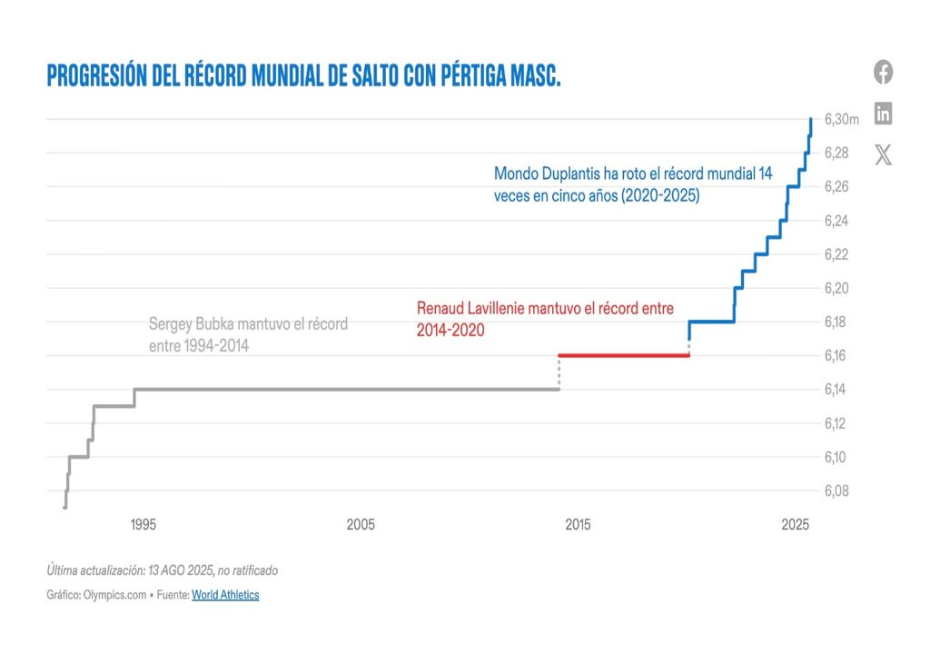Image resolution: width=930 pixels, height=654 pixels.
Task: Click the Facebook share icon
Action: click(883, 72)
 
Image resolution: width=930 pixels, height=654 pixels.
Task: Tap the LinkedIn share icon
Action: click(883, 114)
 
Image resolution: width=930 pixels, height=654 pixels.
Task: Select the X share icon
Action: click(883, 154)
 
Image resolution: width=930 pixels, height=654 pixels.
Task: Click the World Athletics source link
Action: click(225, 595)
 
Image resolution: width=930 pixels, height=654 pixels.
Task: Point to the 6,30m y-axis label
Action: click(842, 119)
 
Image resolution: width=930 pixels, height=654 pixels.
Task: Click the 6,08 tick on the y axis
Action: click(836, 491)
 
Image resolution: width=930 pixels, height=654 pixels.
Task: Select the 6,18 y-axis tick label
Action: click(836, 322)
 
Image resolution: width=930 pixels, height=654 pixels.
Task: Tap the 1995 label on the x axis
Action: click(143, 525)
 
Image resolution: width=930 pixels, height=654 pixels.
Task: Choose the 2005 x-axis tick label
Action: click(361, 525)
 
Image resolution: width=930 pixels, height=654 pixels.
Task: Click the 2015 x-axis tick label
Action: click(578, 525)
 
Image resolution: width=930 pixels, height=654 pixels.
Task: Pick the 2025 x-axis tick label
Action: click(795, 525)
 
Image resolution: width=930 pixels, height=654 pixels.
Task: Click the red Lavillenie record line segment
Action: click(624, 355)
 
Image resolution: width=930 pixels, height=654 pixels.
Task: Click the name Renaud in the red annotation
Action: click(440, 309)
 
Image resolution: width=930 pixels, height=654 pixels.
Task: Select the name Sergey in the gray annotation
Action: click(170, 324)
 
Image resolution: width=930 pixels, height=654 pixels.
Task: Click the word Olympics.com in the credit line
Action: click(114, 595)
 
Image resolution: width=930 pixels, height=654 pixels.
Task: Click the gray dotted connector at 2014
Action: click(559, 373)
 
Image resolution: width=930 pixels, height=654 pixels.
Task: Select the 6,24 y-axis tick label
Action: click(836, 221)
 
